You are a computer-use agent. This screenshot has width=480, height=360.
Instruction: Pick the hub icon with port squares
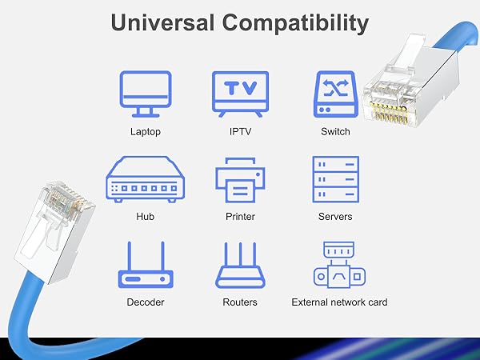click(x=145, y=180)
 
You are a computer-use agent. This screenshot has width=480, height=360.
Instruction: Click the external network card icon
click(x=338, y=266)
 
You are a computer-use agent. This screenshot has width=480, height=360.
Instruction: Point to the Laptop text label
click(x=145, y=131)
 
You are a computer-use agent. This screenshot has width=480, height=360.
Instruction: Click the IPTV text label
click(x=240, y=131)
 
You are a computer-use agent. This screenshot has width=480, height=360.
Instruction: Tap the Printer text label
click(x=240, y=217)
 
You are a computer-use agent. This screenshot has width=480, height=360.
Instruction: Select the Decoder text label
click(x=145, y=302)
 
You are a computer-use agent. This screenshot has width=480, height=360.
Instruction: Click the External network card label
click(x=339, y=302)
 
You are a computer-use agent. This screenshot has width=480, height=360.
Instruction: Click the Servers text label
click(x=335, y=217)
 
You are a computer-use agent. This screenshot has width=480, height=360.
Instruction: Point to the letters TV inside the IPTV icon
click(x=240, y=88)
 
